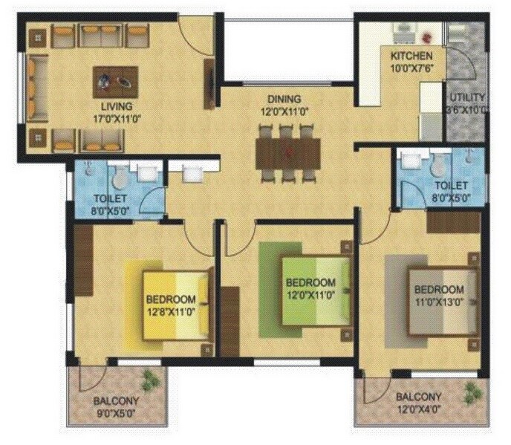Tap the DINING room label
pos(284,99)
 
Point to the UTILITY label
pos(466,97)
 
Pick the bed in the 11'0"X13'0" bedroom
pos(440,299)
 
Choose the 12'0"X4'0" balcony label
pos(418,408)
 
